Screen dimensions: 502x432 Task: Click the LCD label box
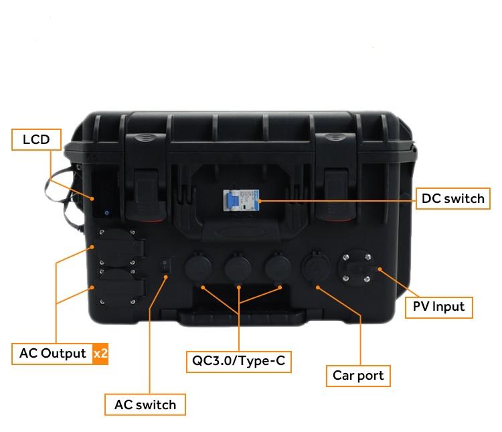point(36,139)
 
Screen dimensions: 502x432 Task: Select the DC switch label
point(452,198)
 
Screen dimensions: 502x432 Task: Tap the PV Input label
point(438,307)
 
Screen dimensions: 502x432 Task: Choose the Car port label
point(358,376)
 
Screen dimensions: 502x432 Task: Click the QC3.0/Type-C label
point(238,362)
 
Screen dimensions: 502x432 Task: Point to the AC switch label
point(145,405)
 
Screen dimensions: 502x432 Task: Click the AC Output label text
point(52,353)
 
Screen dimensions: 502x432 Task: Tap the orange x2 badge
point(100,354)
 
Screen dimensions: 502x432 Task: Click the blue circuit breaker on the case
point(241,200)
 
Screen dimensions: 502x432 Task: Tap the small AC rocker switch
point(165,266)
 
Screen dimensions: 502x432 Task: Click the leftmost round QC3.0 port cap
point(198,267)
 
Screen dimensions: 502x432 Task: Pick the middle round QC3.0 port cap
point(238,267)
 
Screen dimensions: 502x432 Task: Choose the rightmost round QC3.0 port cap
point(278,267)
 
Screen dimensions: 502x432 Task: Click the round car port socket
point(316,267)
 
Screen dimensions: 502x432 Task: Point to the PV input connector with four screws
point(357,268)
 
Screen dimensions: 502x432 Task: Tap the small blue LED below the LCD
point(106,212)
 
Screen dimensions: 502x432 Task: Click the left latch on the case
point(146,196)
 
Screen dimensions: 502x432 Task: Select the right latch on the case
point(336,196)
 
